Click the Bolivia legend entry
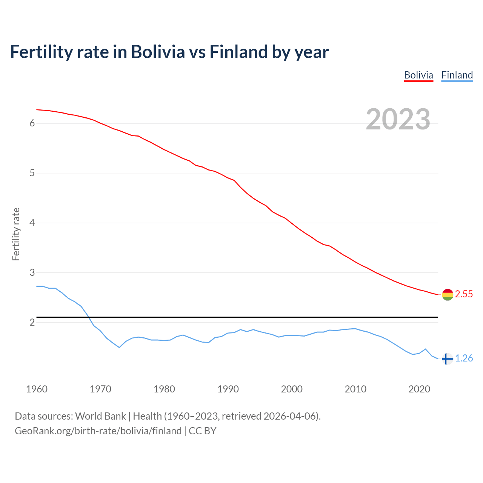418,75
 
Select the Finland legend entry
457,75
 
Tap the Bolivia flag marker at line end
448,295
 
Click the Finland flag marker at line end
447,359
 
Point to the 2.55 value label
464,294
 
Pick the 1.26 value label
464,358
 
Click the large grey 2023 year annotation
398,119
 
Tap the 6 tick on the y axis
32,123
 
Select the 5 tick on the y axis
32,173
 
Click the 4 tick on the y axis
32,223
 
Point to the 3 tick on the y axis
32,272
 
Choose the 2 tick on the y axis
32,322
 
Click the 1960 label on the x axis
37,389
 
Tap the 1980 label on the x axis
164,389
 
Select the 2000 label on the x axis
292,389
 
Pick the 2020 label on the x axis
419,389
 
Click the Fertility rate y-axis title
16,234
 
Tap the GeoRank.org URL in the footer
98,431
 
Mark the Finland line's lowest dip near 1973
119,347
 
